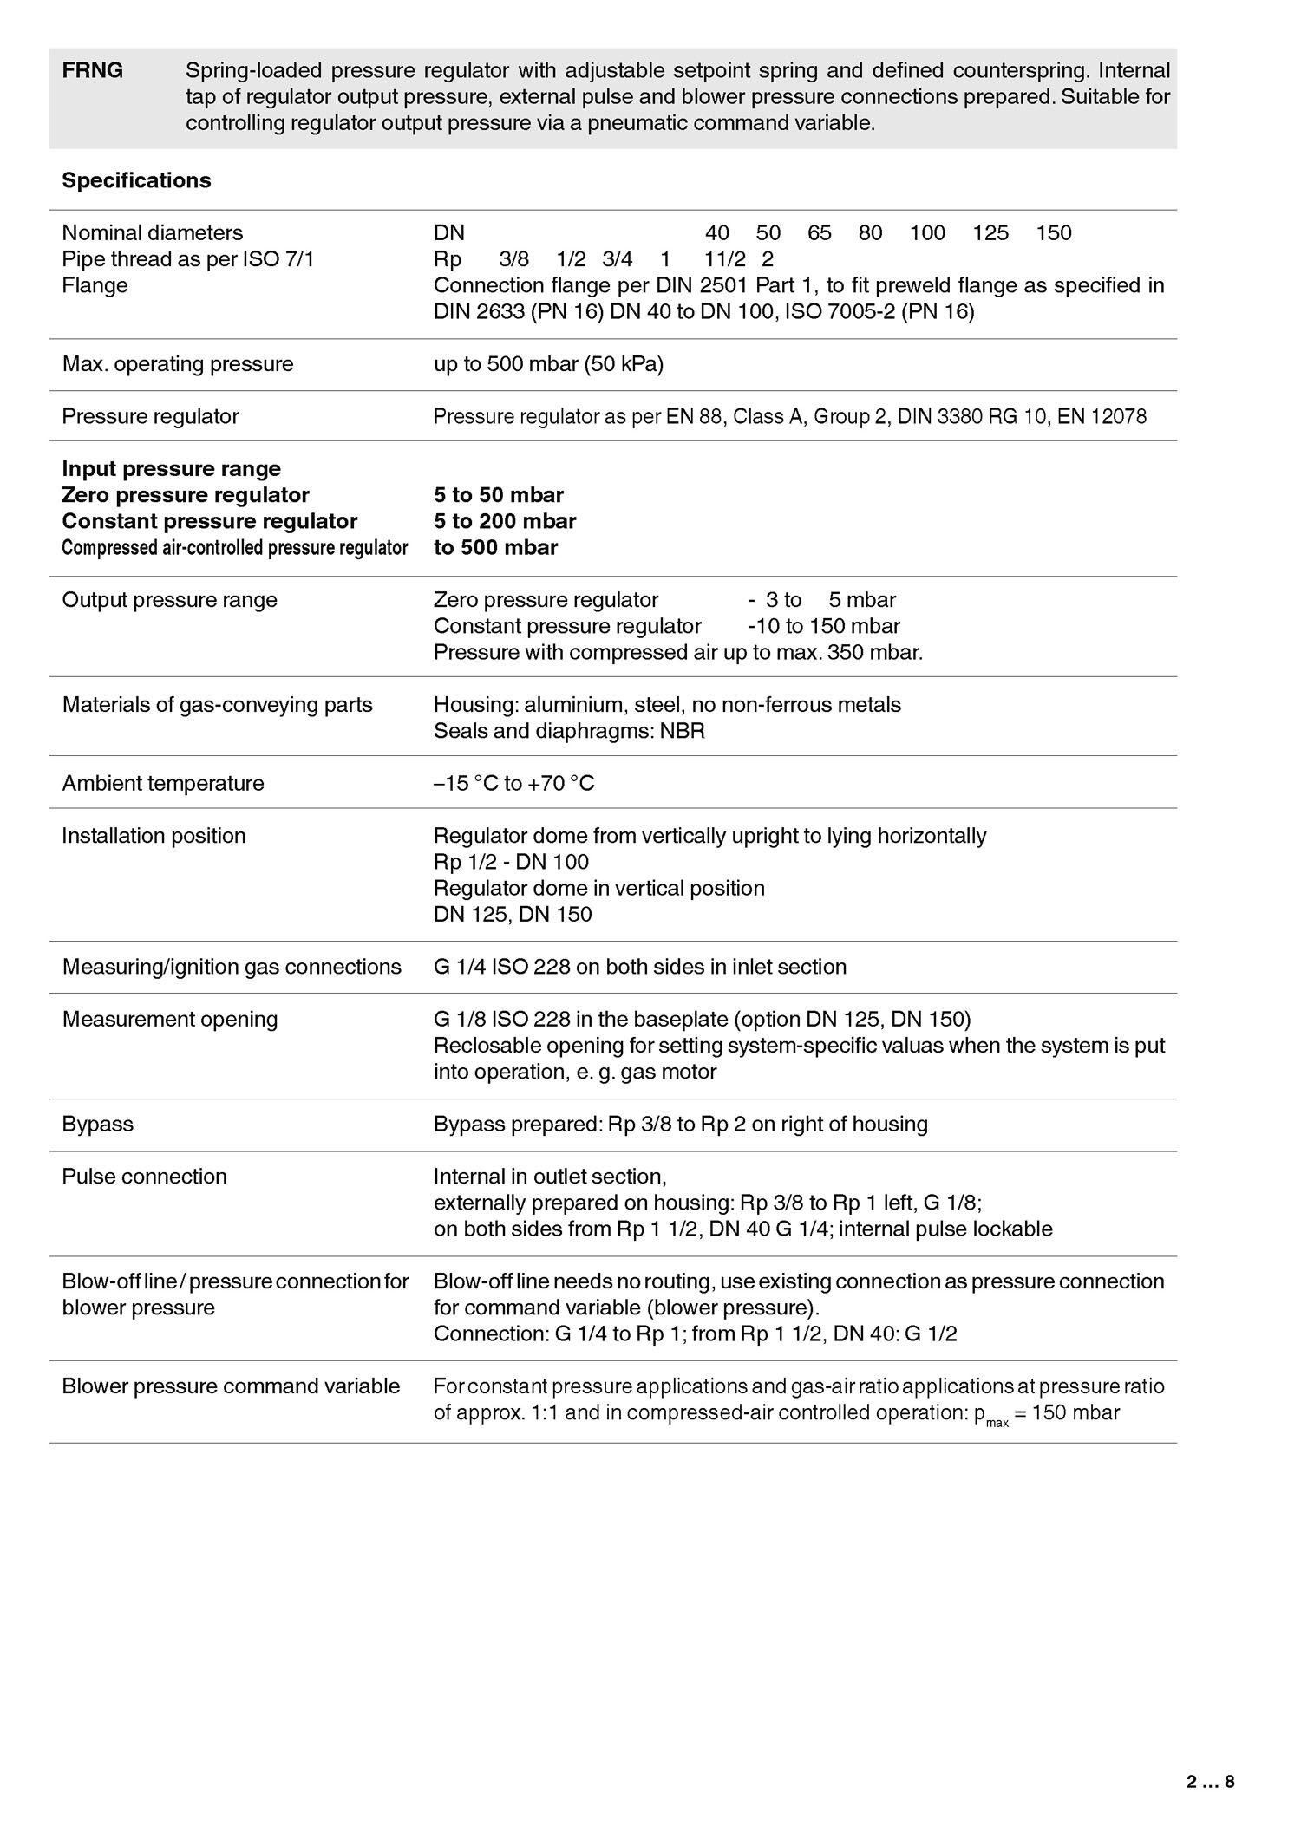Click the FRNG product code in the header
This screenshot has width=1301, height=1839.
(x=92, y=71)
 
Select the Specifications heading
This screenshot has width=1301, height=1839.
(x=136, y=180)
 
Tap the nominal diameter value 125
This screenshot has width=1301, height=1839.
(x=990, y=232)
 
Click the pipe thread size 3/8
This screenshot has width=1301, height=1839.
(x=514, y=259)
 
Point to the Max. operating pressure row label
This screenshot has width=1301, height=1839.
(x=178, y=364)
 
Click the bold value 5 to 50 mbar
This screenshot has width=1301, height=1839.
(x=499, y=495)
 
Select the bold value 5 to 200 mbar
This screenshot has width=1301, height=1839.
(x=505, y=521)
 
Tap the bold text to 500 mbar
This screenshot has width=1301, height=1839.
(x=495, y=547)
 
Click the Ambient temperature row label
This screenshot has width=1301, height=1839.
(x=163, y=784)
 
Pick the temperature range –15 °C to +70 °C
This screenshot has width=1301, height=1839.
(x=514, y=784)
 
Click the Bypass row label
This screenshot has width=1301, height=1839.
(x=98, y=1125)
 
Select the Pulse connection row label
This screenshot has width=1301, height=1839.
(x=144, y=1177)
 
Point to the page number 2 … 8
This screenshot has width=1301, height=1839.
(x=1211, y=1783)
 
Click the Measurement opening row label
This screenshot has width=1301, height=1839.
(x=170, y=1020)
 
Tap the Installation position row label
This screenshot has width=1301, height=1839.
(x=154, y=836)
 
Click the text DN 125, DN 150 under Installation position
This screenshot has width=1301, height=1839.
(x=513, y=915)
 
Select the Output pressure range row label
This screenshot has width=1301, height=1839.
(x=170, y=600)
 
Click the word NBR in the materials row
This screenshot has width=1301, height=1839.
(x=683, y=731)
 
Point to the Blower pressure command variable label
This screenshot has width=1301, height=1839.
(x=231, y=1386)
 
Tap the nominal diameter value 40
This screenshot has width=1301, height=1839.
(x=717, y=232)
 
